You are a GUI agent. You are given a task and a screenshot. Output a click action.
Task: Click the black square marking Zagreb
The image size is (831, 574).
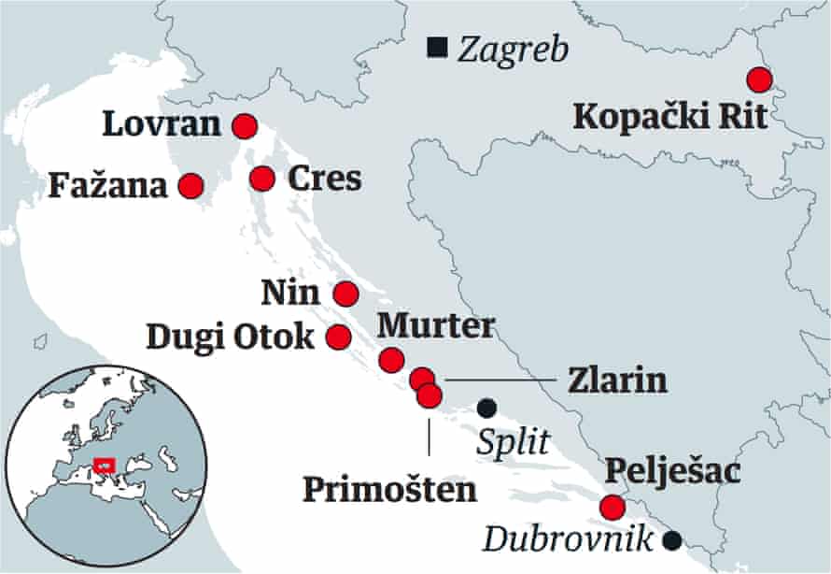click(x=434, y=46)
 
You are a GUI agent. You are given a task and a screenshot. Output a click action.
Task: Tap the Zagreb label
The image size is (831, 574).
click(x=513, y=49)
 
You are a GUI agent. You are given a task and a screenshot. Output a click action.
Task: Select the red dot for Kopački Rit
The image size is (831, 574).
click(x=759, y=79)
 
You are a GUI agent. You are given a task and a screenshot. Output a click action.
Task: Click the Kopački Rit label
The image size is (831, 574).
click(x=670, y=118)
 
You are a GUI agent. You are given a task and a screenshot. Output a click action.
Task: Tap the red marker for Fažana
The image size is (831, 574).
click(x=190, y=186)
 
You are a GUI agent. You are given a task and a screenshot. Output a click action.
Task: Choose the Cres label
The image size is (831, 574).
click(x=324, y=179)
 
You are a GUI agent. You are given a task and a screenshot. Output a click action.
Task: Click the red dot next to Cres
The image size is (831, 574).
click(x=262, y=177)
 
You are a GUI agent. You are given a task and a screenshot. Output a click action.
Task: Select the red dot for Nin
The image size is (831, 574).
click(x=345, y=294)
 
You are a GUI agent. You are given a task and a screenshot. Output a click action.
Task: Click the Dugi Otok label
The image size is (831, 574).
click(x=231, y=337)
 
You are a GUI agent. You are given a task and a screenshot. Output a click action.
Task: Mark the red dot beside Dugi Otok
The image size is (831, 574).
click(x=339, y=336)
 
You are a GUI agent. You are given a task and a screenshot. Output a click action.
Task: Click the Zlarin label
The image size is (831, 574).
click(x=617, y=380)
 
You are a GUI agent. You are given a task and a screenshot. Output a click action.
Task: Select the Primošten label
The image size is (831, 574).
click(x=389, y=488)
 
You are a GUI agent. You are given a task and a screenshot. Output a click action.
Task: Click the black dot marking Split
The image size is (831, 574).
click(x=486, y=408)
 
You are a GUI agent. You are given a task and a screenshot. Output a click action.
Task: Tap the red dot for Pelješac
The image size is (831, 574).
click(x=612, y=508)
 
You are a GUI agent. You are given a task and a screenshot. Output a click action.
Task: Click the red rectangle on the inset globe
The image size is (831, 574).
click(x=104, y=464)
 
